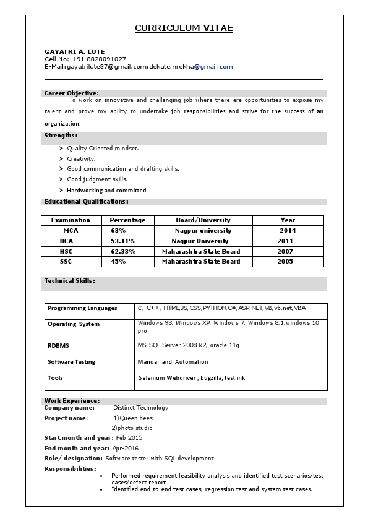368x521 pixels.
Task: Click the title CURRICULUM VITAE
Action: point(184,28)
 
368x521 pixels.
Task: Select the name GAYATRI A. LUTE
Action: point(74,51)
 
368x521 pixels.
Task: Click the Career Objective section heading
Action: point(71,93)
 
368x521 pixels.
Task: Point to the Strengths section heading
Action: point(61,135)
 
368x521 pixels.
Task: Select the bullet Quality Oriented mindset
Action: point(103,149)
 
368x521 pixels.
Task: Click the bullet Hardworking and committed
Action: point(107,191)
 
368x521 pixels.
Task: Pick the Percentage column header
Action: point(127,220)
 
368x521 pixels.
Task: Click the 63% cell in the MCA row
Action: point(118,230)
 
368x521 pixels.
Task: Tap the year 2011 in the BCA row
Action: point(285,241)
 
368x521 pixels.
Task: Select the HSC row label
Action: point(66,251)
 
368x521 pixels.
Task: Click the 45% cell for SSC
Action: point(118,262)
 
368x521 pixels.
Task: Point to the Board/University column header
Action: point(203,220)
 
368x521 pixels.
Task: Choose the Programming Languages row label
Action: point(82,308)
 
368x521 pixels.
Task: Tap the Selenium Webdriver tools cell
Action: point(192,377)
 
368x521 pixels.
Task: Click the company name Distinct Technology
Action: point(140,408)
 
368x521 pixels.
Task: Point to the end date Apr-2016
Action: point(126,448)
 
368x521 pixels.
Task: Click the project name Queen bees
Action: point(136,418)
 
